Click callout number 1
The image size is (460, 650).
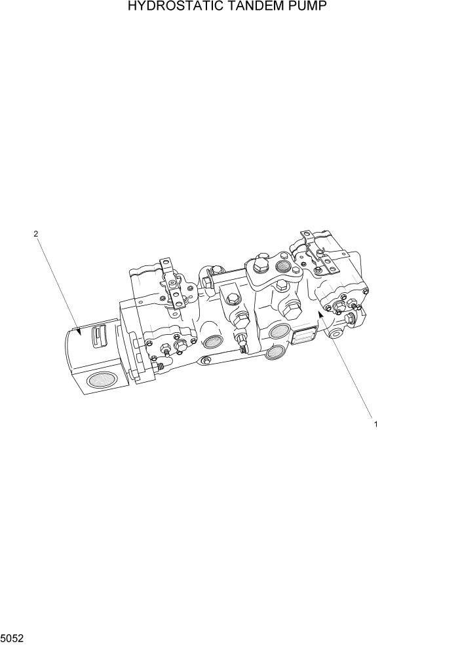tap(375, 424)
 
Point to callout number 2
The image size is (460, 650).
tap(36, 233)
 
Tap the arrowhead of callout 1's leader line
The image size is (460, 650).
tap(320, 315)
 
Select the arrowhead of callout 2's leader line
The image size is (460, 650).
tap(78, 332)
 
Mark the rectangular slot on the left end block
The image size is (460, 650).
tap(97, 335)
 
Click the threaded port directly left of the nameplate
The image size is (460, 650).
tap(280, 331)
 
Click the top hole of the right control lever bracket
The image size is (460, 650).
tap(305, 234)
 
